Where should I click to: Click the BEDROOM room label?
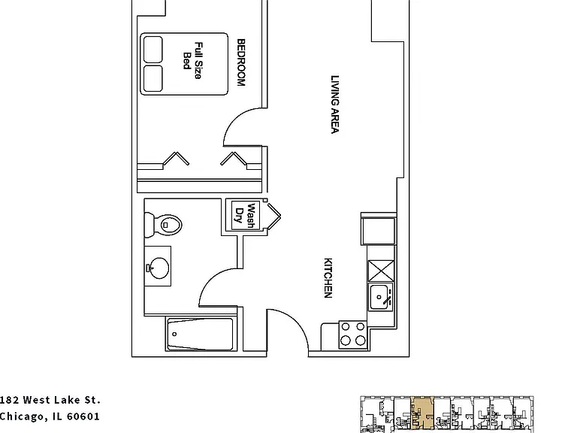pos(240,62)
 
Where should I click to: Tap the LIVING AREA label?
pos(334,104)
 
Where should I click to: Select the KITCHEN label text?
pos(328,278)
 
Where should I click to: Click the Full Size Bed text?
pos(193,61)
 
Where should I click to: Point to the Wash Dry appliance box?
pos(243,216)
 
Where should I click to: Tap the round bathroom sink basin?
pos(159,268)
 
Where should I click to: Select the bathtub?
pos(201,335)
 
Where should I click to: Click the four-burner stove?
pos(352,335)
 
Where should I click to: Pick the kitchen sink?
pos(380,297)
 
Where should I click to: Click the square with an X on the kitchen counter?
pos(381,271)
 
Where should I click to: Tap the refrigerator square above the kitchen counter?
pos(379,231)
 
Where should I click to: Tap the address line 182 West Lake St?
pos(50,400)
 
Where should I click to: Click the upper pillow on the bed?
pos(153,50)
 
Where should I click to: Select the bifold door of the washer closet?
pos(273,216)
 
